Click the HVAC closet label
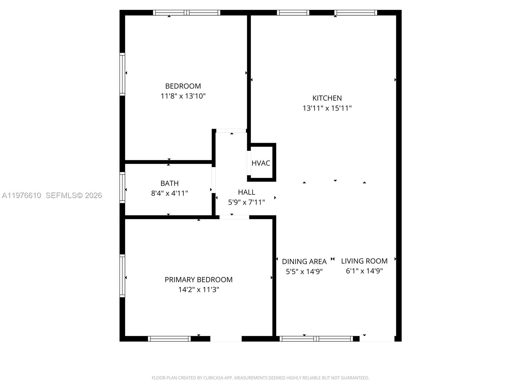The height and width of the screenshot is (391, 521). click(261, 163)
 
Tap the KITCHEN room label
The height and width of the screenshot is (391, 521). click(327, 98)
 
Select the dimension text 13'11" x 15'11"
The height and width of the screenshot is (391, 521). click(327, 108)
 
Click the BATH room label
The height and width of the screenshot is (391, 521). click(169, 183)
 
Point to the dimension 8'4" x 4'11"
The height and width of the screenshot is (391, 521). click(169, 194)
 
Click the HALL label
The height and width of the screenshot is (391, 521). click(246, 192)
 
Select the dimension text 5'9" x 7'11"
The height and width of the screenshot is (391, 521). click(246, 202)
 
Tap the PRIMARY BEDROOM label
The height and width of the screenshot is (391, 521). click(198, 280)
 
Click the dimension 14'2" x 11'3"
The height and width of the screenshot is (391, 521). click(198, 290)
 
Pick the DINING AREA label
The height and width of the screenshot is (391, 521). click(304, 262)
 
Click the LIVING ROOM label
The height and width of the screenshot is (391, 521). click(364, 261)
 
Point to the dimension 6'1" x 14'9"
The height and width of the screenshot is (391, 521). click(364, 271)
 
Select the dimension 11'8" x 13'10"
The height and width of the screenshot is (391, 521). click(183, 96)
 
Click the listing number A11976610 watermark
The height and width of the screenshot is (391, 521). click(21, 195)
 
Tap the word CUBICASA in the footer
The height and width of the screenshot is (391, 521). click(213, 378)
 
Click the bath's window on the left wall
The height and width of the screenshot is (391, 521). click(122, 187)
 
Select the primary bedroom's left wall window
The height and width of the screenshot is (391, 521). click(122, 276)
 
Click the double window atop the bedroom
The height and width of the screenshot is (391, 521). click(187, 13)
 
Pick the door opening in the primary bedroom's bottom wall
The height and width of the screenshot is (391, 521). click(226, 339)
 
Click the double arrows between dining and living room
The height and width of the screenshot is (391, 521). click(332, 259)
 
